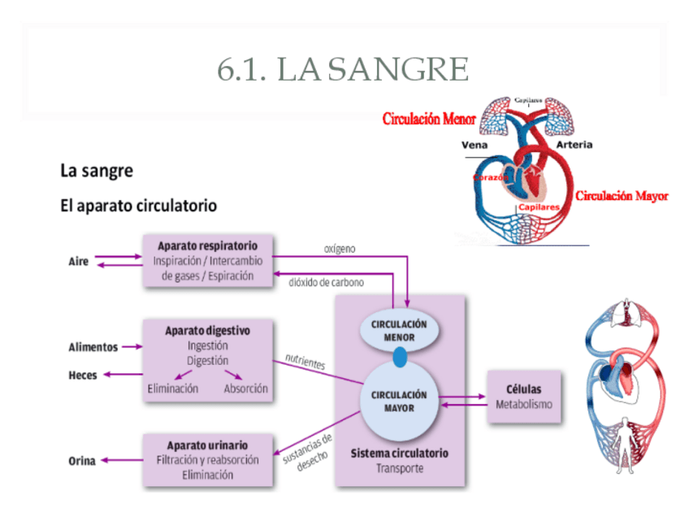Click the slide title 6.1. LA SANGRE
pyautogui.click(x=343, y=70)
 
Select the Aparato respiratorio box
pyautogui.click(x=207, y=260)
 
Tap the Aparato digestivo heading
pyautogui.click(x=207, y=331)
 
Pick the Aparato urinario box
pyautogui.click(x=207, y=460)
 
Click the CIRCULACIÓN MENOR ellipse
pyautogui.click(x=399, y=330)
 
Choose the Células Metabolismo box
pyautogui.click(x=523, y=397)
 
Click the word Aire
pyautogui.click(x=79, y=262)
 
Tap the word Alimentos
pyautogui.click(x=93, y=347)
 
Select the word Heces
pyautogui.click(x=83, y=375)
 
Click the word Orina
pyautogui.click(x=81, y=461)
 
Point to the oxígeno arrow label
pyautogui.click(x=340, y=248)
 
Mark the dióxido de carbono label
pyautogui.click(x=326, y=283)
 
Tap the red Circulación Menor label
pyautogui.click(x=429, y=119)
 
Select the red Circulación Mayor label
pyautogui.click(x=622, y=196)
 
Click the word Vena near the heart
pyautogui.click(x=474, y=145)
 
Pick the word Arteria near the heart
pyautogui.click(x=574, y=145)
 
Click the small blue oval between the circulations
pyautogui.click(x=399, y=357)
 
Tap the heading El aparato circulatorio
pyautogui.click(x=139, y=206)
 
